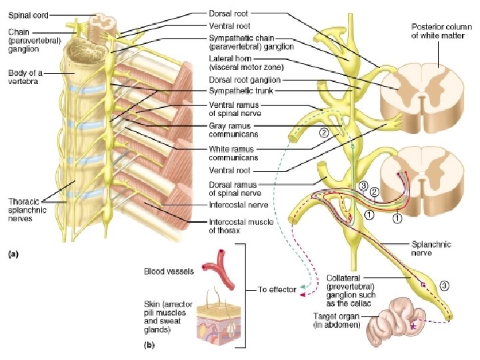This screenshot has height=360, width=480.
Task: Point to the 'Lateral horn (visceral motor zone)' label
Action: click(239, 63)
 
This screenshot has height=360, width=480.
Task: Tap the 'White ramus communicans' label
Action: click(233, 153)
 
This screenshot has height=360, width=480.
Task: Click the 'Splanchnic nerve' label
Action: click(426, 249)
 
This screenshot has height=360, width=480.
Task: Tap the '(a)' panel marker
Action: click(12, 253)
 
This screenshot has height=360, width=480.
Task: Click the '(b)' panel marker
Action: click(149, 345)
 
